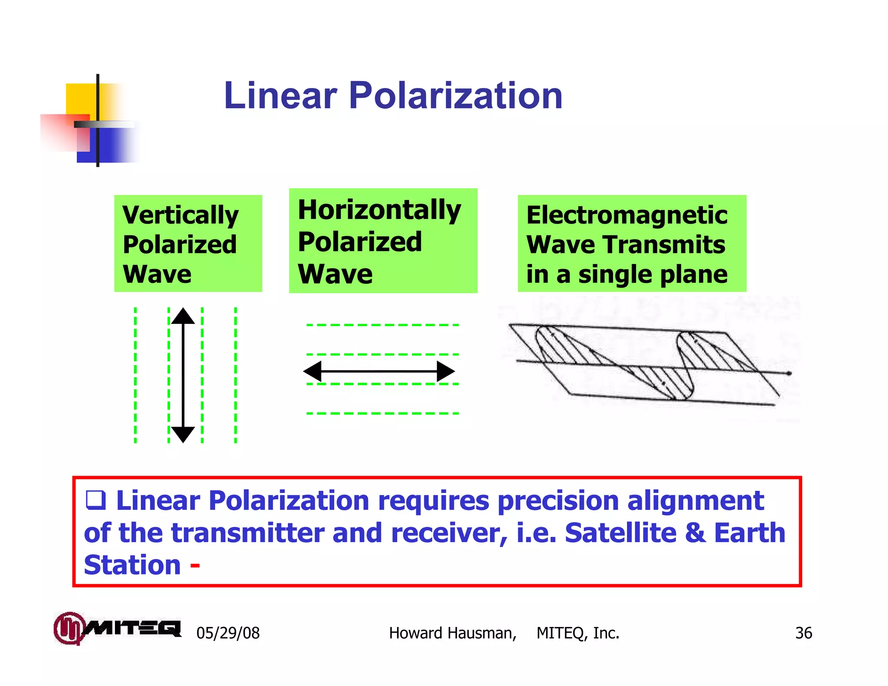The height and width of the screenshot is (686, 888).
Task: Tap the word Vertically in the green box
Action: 180,216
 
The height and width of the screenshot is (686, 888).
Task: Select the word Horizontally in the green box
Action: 379,210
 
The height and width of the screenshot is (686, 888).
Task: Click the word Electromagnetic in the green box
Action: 627,215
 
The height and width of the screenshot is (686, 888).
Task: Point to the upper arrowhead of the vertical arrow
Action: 183,316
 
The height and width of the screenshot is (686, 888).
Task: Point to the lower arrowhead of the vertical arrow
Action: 183,434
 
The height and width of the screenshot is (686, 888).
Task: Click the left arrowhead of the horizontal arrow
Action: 313,371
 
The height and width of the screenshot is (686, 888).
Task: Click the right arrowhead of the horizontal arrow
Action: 445,371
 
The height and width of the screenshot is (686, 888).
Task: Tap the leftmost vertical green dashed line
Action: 135,375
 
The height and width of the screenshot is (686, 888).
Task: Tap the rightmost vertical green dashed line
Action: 235,375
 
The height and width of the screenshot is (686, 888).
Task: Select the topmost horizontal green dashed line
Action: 382,325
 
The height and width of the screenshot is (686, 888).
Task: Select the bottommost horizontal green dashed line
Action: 382,413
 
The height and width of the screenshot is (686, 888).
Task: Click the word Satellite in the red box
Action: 620,532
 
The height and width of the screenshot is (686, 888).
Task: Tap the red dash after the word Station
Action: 195,565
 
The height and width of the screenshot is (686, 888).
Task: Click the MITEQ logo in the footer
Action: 117,628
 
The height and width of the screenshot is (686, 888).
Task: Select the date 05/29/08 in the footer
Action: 228,633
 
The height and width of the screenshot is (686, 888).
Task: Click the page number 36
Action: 803,633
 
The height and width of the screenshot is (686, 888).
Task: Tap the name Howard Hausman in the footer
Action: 452,633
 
